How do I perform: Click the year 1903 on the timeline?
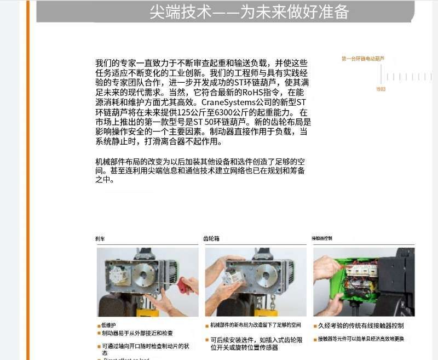[381, 89]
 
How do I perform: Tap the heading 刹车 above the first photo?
[101, 239]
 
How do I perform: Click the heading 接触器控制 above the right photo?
[322, 239]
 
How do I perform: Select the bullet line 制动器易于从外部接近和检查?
[137, 333]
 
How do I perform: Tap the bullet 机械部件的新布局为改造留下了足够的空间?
[255, 325]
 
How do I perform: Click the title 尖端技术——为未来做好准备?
[249, 12]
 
